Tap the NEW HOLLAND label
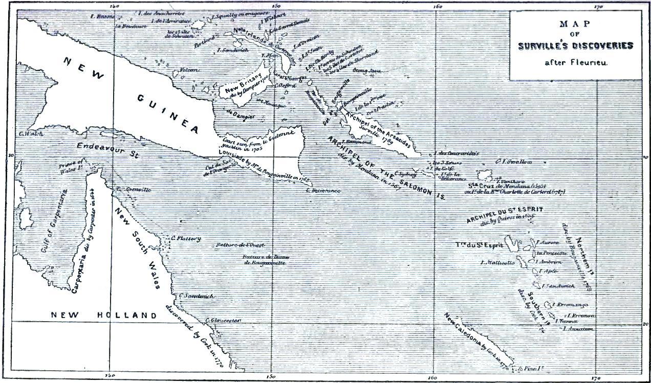(x=104, y=316)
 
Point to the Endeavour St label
(x=104, y=146)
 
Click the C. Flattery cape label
(x=186, y=238)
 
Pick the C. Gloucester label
(x=223, y=320)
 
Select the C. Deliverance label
(x=323, y=191)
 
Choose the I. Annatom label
(x=577, y=329)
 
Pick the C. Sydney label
(x=406, y=173)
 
